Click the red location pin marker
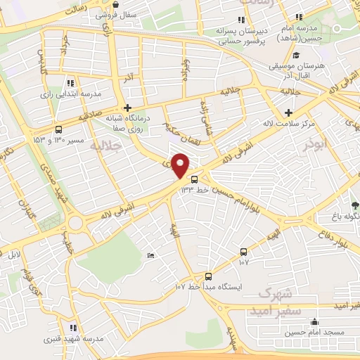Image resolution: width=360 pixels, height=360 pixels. pyautogui.click(x=181, y=166)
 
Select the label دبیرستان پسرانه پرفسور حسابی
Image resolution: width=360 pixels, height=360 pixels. pyautogui.click(x=243, y=30)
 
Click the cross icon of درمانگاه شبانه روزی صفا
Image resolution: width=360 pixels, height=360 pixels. pyautogui.click(x=127, y=108)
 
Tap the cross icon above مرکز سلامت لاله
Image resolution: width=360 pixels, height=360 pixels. pyautogui.click(x=288, y=112)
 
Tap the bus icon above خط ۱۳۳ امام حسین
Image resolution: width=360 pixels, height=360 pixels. pyautogui.click(x=195, y=179)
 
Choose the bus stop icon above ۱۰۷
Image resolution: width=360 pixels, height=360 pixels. pyautogui.click(x=243, y=252)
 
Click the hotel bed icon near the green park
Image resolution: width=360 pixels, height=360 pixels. pyautogui.click(x=150, y=255)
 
